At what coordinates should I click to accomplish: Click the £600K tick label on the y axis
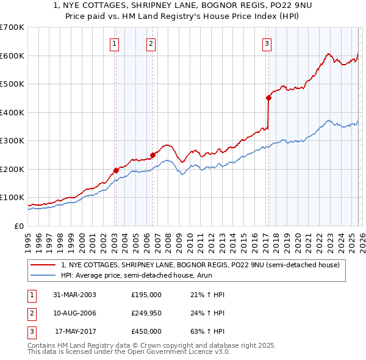tap(12, 56)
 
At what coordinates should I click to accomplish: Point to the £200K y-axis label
tap(12, 169)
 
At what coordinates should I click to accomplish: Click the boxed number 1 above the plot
tap(115, 43)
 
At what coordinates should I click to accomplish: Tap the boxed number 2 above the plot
tap(151, 43)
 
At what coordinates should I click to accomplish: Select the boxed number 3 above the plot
tap(267, 43)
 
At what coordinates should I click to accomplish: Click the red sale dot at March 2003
tap(116, 170)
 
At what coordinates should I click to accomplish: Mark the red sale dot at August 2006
tap(152, 155)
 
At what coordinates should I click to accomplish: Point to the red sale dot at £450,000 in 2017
tap(268, 98)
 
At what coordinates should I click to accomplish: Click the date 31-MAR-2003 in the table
tap(74, 295)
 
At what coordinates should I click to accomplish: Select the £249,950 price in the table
tap(146, 313)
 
